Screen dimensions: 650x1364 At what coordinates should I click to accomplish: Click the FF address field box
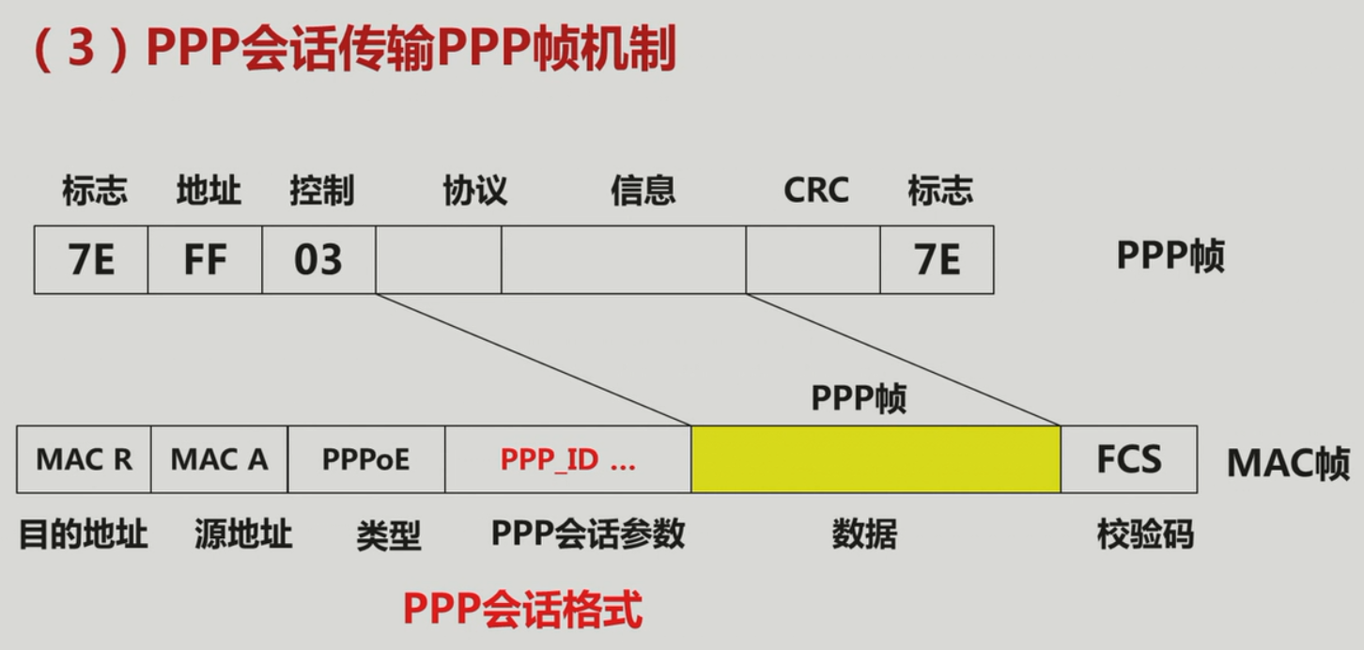205,259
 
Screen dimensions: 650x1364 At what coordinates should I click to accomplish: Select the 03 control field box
318,259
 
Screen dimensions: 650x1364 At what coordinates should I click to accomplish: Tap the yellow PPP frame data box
876,459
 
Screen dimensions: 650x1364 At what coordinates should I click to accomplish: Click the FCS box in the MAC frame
1128,459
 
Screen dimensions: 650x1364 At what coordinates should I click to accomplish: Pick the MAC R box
84,459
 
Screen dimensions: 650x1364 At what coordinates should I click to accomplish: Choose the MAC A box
219,459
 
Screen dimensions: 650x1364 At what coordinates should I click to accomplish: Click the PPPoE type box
365,459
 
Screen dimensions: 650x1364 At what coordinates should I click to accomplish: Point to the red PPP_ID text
567,460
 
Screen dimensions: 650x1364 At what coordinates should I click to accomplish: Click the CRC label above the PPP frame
815,191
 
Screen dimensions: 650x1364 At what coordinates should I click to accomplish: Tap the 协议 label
474,191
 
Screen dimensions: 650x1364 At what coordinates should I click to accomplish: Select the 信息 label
643,191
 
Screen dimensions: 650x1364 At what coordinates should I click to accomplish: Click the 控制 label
321,191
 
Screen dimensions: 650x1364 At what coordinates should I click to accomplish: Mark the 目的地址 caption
84,534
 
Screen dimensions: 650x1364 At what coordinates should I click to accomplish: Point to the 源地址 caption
243,535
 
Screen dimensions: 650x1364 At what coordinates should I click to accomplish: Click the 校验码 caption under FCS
1144,534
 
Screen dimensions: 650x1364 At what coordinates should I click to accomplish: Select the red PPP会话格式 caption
522,610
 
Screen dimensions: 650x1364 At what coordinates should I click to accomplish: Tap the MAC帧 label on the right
1288,463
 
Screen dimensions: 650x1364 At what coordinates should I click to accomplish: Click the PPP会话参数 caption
588,534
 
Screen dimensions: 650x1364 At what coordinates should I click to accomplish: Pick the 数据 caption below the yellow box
864,535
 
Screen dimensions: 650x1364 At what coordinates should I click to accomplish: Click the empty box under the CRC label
813,259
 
